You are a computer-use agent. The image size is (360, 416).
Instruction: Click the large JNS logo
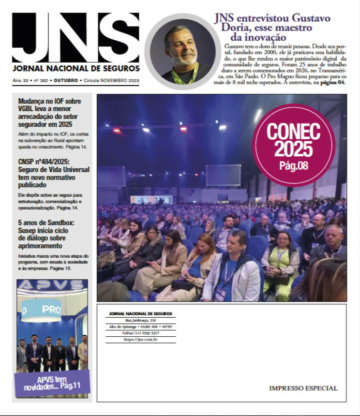(x=76, y=37)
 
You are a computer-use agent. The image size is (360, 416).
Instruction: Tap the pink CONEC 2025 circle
(x=293, y=144)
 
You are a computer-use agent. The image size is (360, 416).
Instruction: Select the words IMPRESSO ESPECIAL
(x=303, y=388)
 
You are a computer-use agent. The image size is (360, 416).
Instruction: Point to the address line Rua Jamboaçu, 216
(x=141, y=321)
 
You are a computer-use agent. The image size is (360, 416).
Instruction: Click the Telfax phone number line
(x=141, y=333)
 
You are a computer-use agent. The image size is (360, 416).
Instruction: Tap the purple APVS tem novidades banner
(x=52, y=383)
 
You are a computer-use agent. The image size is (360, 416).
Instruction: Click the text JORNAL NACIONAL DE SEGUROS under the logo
(x=76, y=68)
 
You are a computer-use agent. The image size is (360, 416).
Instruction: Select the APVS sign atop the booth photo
(x=52, y=285)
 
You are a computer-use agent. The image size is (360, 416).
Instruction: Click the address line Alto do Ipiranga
(x=141, y=327)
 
